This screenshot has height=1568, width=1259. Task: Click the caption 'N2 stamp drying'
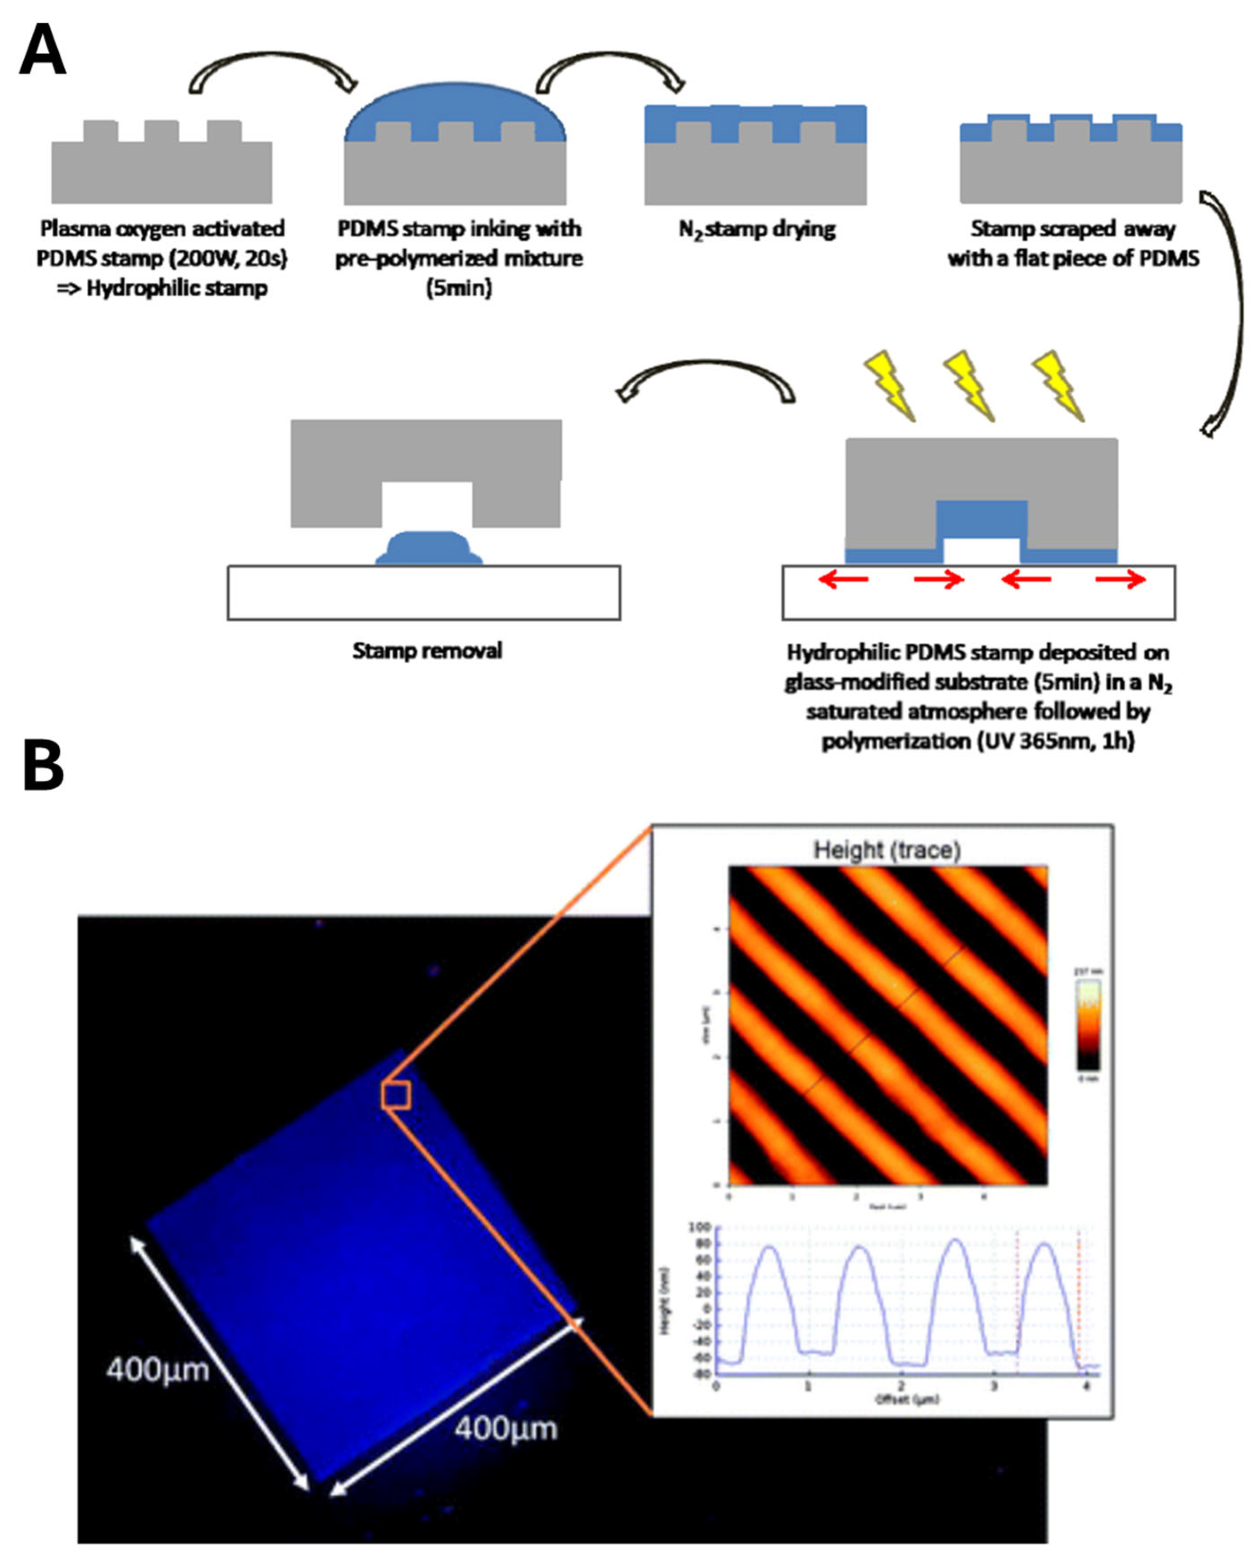pyautogui.click(x=757, y=230)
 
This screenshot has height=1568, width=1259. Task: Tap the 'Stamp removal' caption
pyautogui.click(x=427, y=650)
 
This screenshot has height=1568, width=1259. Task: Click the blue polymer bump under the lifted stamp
pyautogui.click(x=429, y=548)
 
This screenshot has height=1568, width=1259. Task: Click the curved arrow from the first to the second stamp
pyautogui.click(x=273, y=69)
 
